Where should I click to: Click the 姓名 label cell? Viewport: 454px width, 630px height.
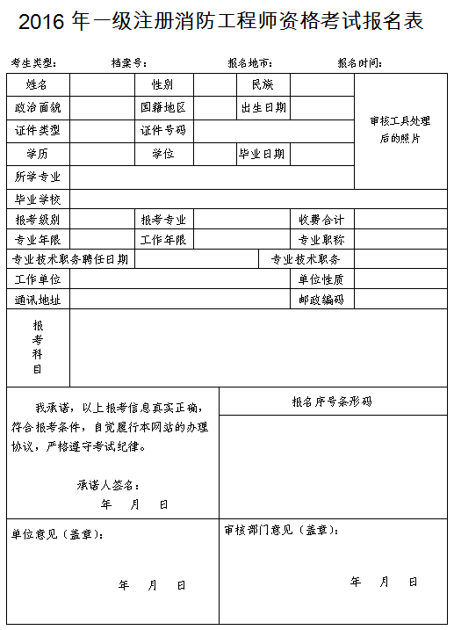click(37, 85)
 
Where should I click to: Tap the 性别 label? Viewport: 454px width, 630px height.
click(162, 85)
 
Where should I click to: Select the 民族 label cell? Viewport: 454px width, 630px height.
click(263, 85)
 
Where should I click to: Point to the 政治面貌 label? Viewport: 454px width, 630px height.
click(38, 107)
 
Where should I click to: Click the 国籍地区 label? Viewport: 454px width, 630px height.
click(163, 107)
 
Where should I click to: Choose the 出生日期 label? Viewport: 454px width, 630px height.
click(263, 107)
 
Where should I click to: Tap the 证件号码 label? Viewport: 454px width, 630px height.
click(163, 130)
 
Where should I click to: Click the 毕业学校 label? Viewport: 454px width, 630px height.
click(38, 199)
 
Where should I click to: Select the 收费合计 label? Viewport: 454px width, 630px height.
click(321, 219)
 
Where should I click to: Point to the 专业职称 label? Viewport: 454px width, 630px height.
click(321, 239)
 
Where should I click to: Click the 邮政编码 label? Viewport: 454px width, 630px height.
click(321, 300)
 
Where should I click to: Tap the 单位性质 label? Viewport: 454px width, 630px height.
click(321, 279)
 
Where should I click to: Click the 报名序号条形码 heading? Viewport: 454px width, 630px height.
click(332, 402)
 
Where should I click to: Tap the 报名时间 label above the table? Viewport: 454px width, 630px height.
click(359, 63)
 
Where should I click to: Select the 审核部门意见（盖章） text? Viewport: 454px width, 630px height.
click(281, 530)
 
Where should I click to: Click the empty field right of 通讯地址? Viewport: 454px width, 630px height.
click(180, 300)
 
